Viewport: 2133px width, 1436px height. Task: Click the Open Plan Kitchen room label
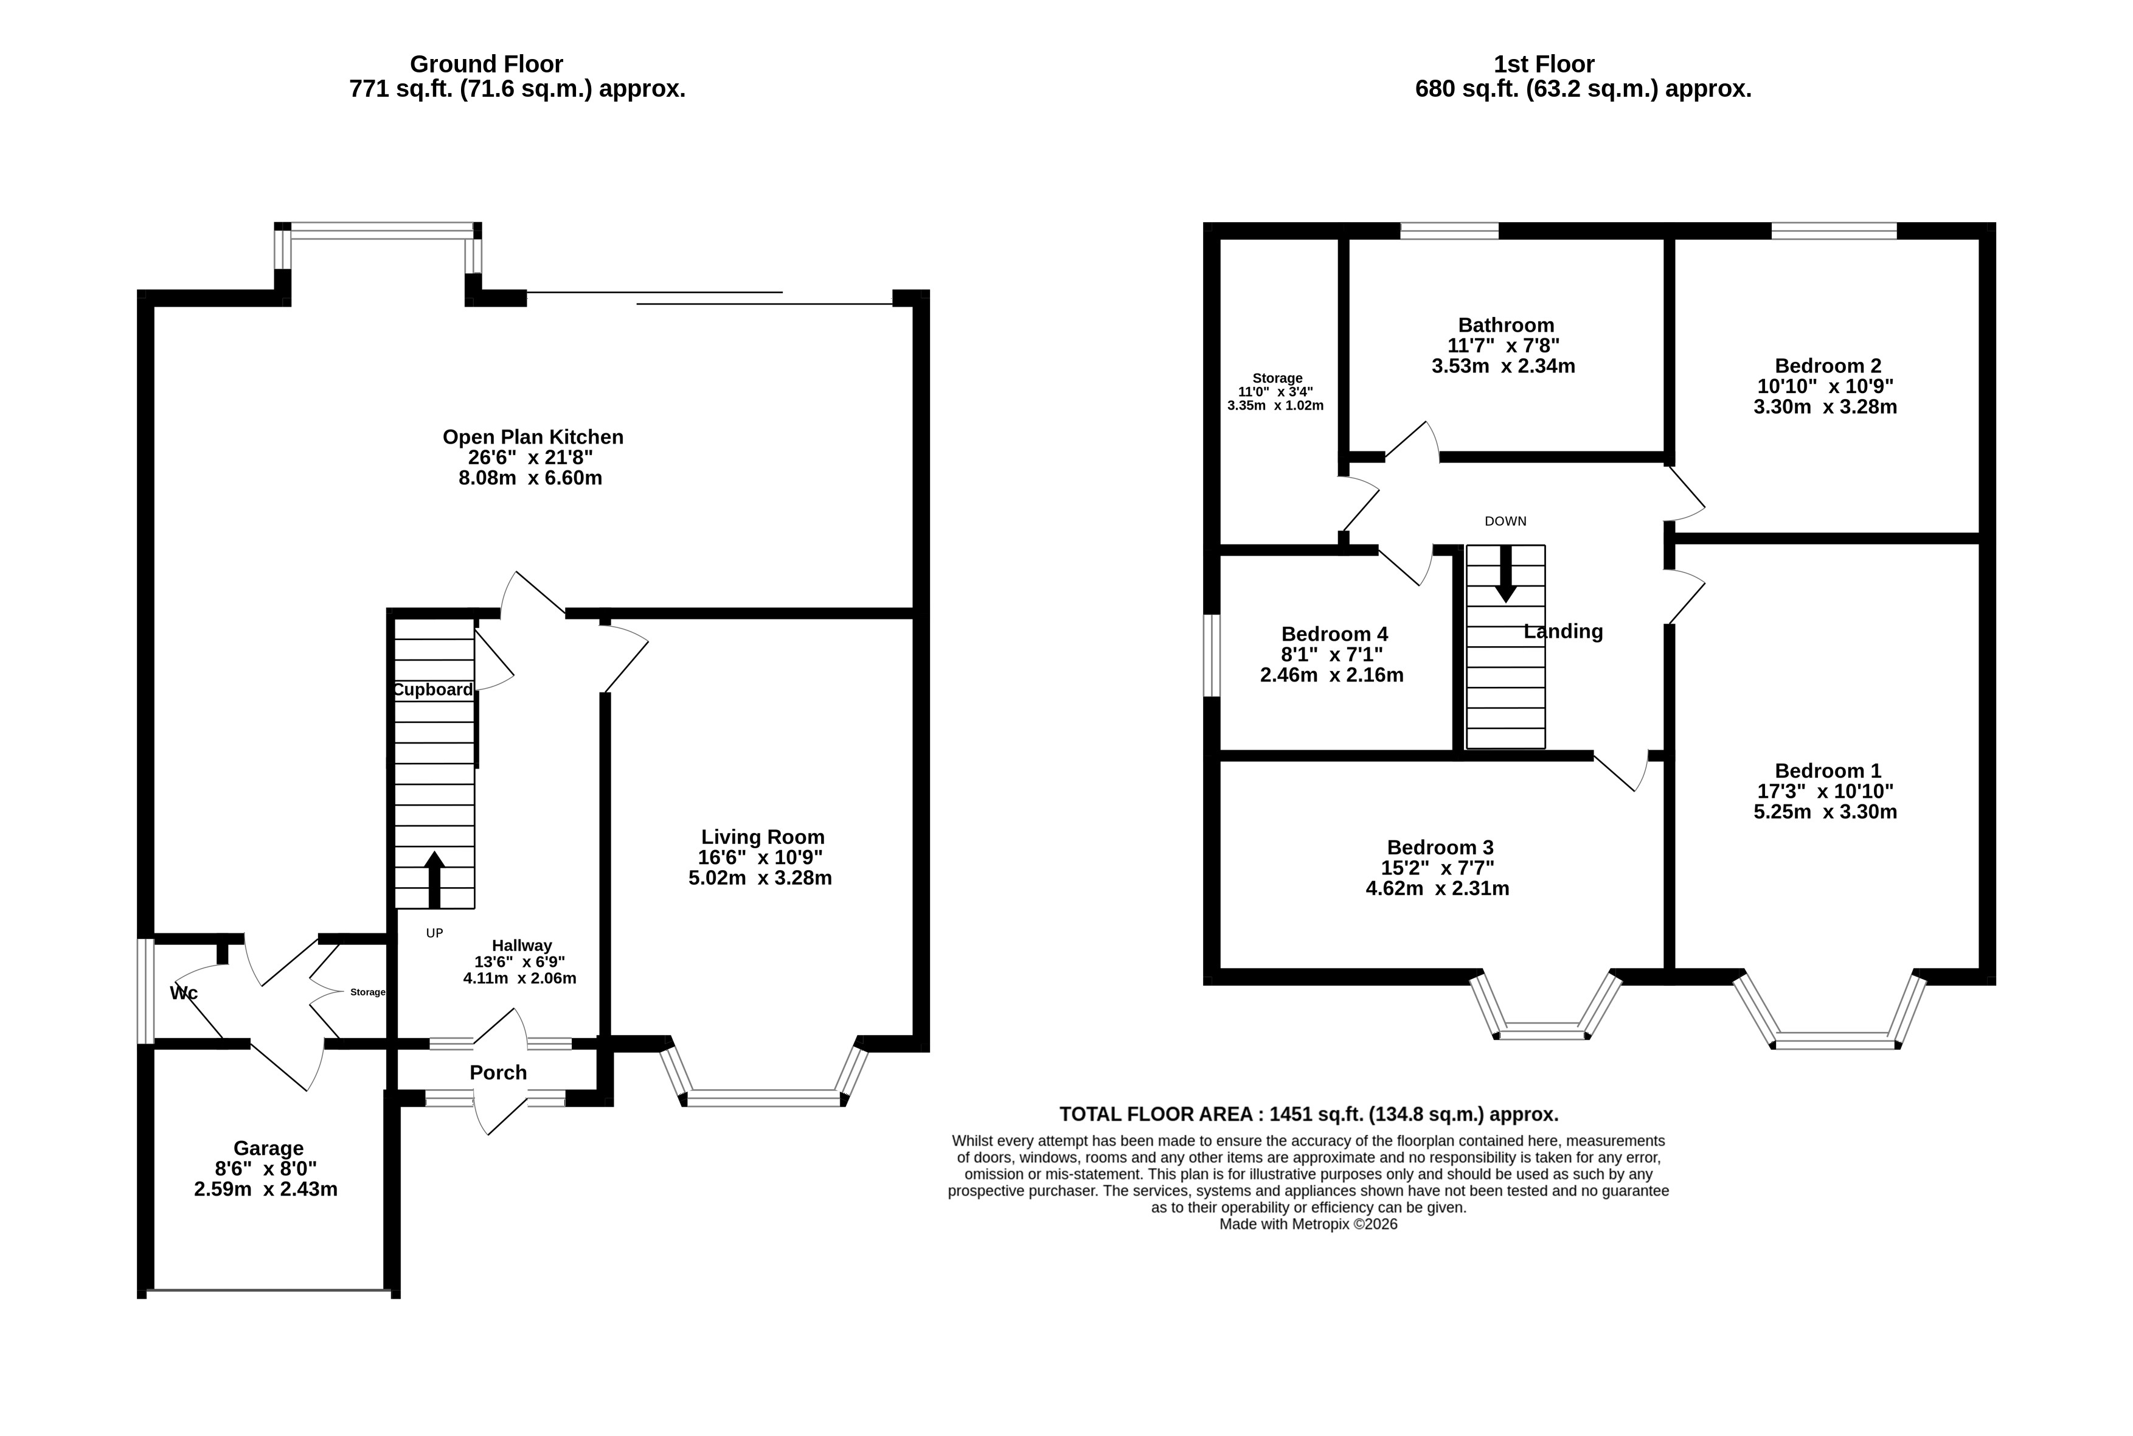(x=533, y=437)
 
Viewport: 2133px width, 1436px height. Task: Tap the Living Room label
(x=763, y=837)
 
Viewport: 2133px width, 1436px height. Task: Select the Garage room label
(x=268, y=1148)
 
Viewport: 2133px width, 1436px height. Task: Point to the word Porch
(x=498, y=1072)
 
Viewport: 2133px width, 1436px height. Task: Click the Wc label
(x=184, y=994)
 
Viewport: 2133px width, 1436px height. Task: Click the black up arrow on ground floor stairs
(x=435, y=879)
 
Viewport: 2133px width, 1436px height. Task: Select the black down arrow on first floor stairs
(x=1505, y=574)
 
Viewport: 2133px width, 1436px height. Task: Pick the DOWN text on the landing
(x=1505, y=521)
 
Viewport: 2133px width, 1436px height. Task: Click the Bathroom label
(x=1506, y=325)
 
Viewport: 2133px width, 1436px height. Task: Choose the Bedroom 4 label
(x=1334, y=634)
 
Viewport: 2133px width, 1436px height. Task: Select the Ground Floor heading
(x=486, y=64)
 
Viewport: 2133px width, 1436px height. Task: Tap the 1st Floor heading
(x=1544, y=64)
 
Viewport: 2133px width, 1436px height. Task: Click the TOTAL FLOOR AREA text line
(x=1309, y=1115)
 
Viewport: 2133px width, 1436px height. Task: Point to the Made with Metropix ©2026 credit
(x=1308, y=1224)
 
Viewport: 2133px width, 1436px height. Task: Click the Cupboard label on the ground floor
(x=433, y=689)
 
